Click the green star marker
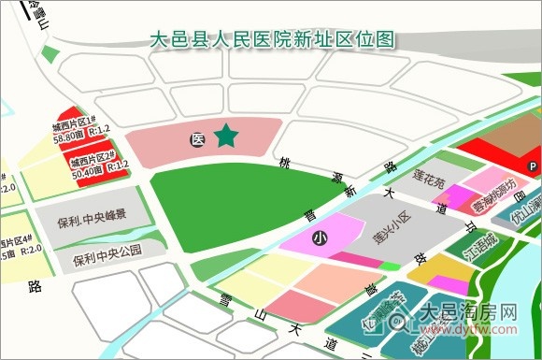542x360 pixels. click(226, 137)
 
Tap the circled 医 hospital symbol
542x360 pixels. click(197, 139)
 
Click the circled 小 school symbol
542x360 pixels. click(320, 239)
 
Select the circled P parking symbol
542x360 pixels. click(534, 166)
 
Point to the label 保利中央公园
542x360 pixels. click(107, 251)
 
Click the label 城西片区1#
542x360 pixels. click(75, 124)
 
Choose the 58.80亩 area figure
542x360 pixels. click(69, 137)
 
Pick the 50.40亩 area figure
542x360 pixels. click(86, 168)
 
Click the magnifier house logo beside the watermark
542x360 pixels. click(396, 321)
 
